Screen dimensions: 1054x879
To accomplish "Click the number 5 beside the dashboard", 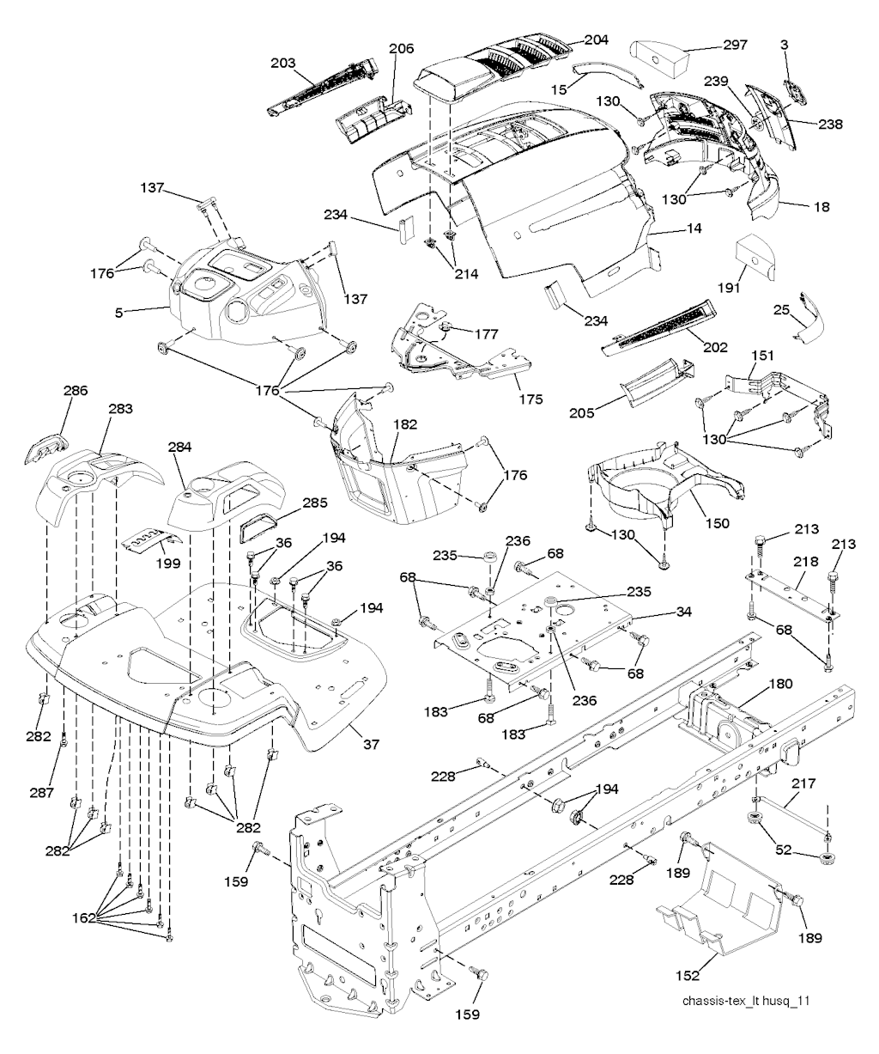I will pyautogui.click(x=117, y=311).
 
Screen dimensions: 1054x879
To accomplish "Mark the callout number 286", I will pyautogui.click(x=75, y=390).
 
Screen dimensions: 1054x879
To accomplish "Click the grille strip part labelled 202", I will pyautogui.click(x=659, y=328).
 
